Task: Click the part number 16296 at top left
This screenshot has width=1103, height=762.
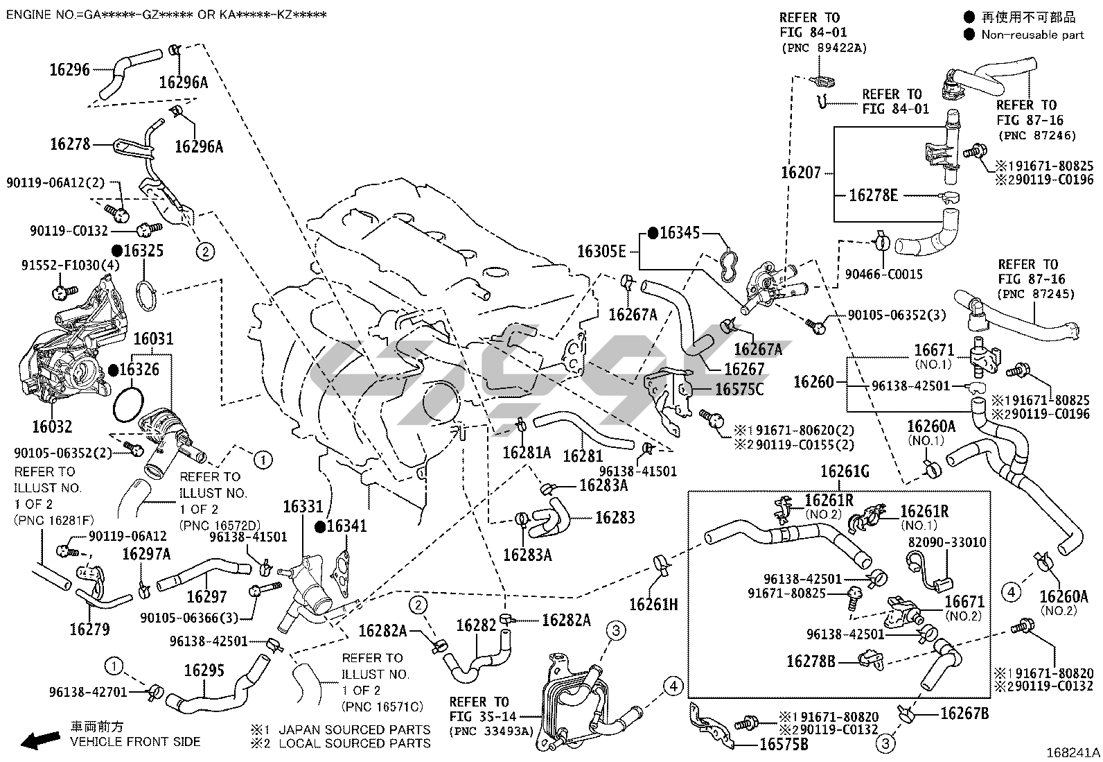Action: pyautogui.click(x=69, y=69)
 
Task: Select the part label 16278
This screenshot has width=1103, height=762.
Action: pyautogui.click(x=70, y=144)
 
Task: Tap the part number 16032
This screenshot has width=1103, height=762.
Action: pyautogui.click(x=51, y=426)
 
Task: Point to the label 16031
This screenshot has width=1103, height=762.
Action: pyautogui.click(x=153, y=339)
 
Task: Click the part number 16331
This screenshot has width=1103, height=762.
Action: pyautogui.click(x=303, y=507)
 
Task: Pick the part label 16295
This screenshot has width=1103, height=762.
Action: pyautogui.click(x=204, y=671)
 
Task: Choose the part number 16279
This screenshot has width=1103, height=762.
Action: pyautogui.click(x=89, y=630)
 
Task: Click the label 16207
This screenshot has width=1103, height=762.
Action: pyautogui.click(x=800, y=172)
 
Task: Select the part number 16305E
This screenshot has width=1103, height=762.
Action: pyautogui.click(x=602, y=251)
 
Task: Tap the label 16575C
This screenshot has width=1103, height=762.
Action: pyautogui.click(x=739, y=390)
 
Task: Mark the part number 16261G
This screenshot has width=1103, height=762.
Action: pyautogui.click(x=845, y=472)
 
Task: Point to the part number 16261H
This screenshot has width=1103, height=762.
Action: pyautogui.click(x=653, y=605)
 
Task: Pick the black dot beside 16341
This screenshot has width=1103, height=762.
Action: pyautogui.click(x=319, y=527)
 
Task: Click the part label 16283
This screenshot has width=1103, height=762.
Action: pyautogui.click(x=615, y=517)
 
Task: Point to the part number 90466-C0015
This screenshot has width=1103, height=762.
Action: pyautogui.click(x=883, y=274)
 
